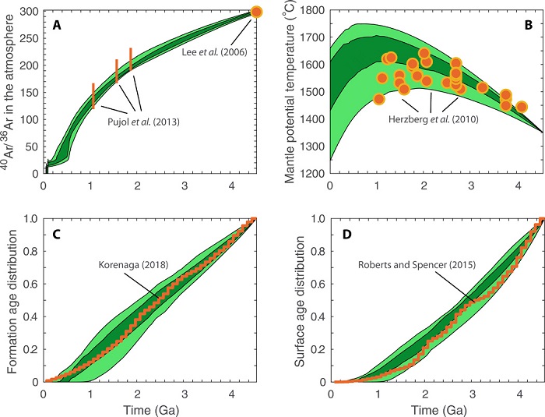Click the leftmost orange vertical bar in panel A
pos(93,96)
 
